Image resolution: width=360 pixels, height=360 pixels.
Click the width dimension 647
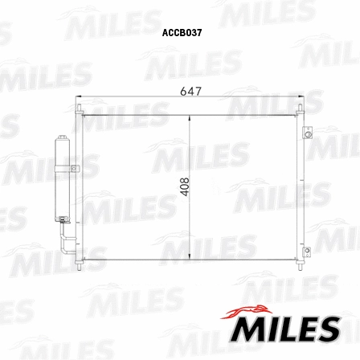coord(190,92)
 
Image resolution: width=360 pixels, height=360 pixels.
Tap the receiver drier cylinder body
coord(61,178)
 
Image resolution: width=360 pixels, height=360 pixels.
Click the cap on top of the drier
coord(61,140)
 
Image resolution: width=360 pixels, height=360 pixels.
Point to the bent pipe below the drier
coord(64,237)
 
